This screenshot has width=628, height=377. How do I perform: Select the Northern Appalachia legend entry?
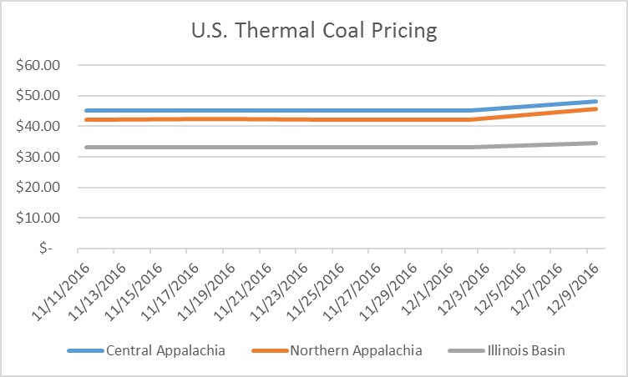coord(355,350)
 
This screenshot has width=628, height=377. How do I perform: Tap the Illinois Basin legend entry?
coord(527,350)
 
